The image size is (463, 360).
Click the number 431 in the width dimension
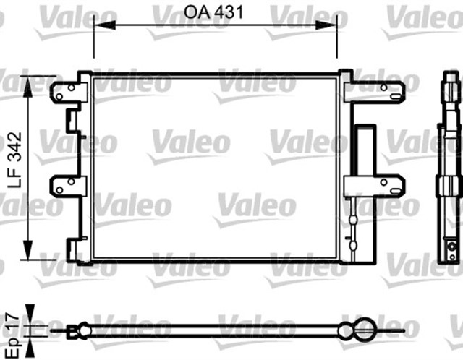(x=231, y=12)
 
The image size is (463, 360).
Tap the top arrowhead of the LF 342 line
(x=27, y=82)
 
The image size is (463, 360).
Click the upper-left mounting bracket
(x=67, y=92)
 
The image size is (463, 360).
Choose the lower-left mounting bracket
(x=67, y=186)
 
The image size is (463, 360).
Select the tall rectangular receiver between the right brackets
(x=364, y=150)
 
